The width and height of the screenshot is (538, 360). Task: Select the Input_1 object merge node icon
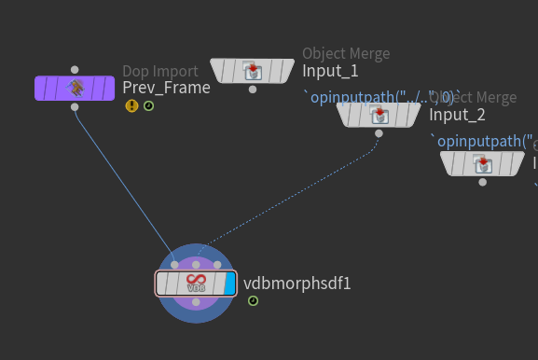pos(253,71)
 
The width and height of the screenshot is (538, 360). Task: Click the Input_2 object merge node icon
pos(379,115)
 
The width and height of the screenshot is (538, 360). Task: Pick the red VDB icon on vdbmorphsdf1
pos(196,283)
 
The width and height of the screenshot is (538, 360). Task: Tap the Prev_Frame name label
pos(166,89)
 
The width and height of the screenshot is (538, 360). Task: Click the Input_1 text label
pos(330,71)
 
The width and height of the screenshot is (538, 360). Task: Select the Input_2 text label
pos(457,115)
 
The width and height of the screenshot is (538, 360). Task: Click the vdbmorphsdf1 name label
pos(297,284)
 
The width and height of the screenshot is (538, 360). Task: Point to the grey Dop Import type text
pos(159,71)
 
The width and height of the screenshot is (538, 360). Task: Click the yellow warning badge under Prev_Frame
pos(131,106)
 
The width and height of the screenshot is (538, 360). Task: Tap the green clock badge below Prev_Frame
pos(148,106)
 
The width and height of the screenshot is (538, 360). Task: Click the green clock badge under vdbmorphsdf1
pos(253,300)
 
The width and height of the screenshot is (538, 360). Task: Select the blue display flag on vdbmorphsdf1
pos(229,284)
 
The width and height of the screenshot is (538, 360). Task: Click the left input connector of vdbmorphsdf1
pos(174,265)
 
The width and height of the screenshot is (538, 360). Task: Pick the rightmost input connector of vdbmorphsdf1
pos(217,265)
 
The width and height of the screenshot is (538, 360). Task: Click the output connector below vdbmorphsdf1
pos(196,302)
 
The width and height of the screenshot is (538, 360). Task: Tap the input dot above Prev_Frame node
pos(75,69)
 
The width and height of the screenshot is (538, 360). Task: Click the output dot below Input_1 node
pos(253,90)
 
